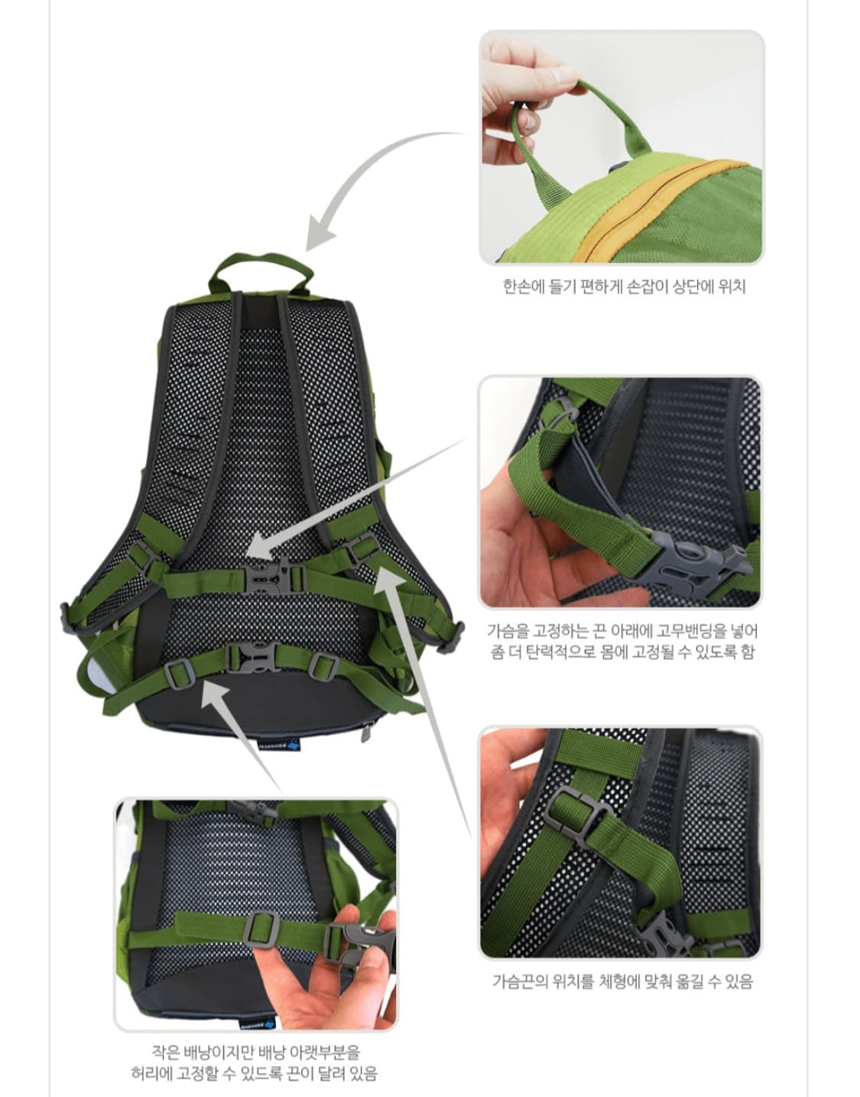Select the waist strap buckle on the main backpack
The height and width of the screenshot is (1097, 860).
(x=252, y=657)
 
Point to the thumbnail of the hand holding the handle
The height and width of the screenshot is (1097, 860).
(x=621, y=147)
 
